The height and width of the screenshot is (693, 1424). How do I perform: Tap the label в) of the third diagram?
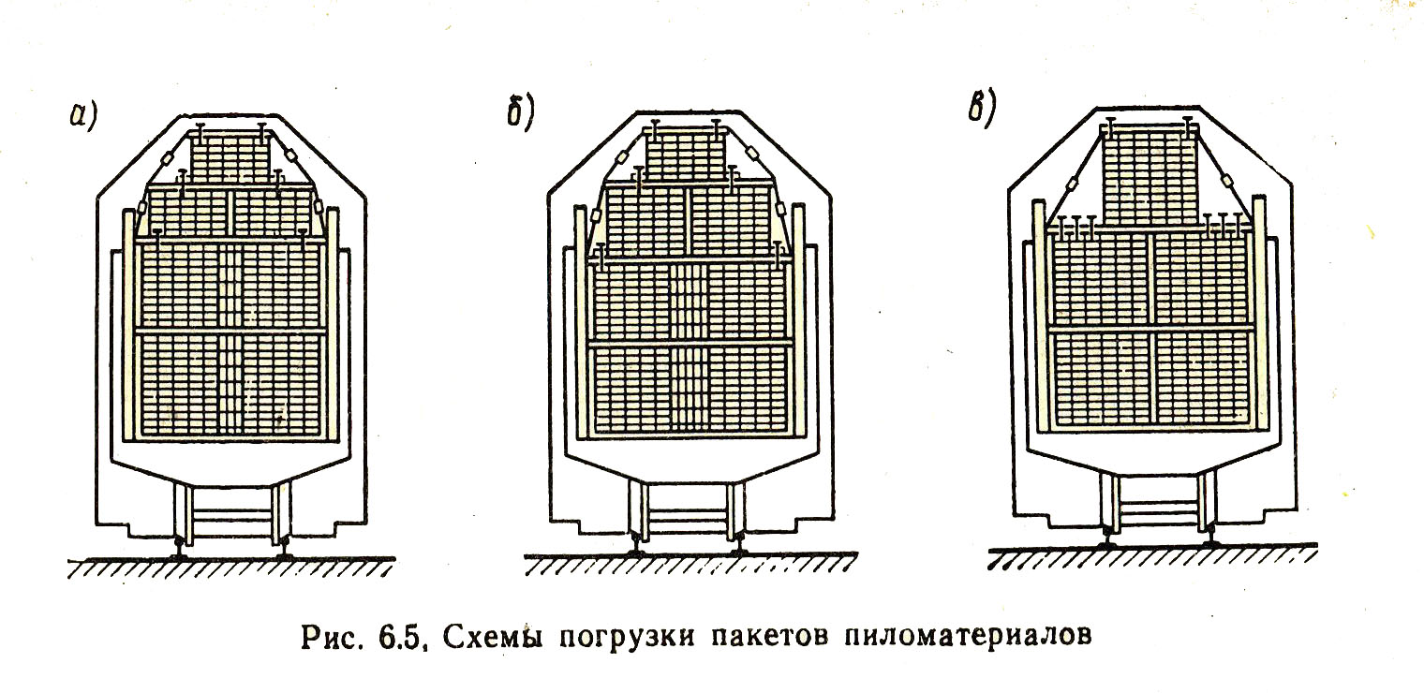983,108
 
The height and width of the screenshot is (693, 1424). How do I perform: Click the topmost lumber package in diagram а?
230,155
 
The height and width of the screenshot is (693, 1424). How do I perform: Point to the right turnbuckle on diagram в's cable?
1228,188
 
